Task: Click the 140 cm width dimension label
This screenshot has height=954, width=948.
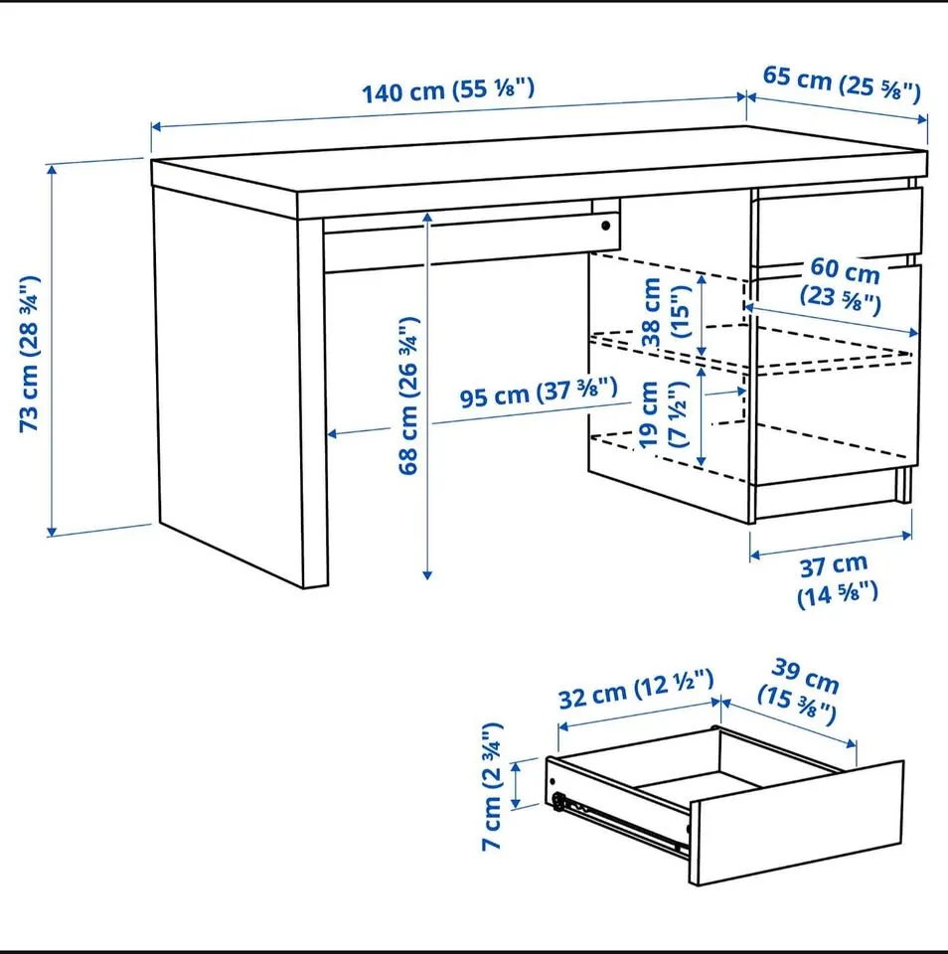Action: coord(448,91)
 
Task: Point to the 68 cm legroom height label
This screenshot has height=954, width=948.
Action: coord(409,395)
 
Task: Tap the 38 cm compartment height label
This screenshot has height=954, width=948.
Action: coord(665,311)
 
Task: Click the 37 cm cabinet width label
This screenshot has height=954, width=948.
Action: coord(835,579)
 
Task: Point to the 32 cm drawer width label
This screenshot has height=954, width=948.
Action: coord(635,690)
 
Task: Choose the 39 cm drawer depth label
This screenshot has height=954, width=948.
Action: coord(800,688)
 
